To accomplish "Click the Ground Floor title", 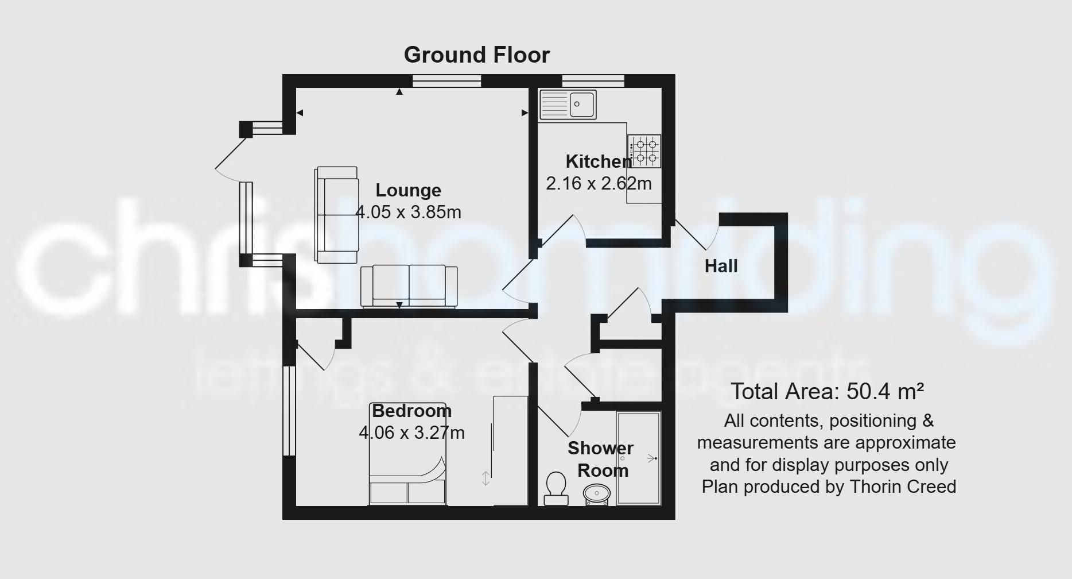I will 476,55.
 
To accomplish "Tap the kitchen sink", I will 568,105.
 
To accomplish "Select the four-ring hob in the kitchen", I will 644,151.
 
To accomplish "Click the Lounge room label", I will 408,190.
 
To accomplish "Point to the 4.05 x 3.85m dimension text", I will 408,212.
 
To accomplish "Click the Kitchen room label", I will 599,161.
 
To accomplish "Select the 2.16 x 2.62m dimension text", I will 599,183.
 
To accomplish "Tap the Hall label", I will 721,266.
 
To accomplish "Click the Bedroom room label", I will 411,411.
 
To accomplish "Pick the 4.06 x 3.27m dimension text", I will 411,433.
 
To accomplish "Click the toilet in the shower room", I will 556,488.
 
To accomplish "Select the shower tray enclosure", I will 639,458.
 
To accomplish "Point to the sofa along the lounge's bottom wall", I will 409,285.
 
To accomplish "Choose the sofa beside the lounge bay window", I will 337,215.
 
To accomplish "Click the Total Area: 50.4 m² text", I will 827,392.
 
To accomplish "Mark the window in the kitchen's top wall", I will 593,82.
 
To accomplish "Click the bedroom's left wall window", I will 289,411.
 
